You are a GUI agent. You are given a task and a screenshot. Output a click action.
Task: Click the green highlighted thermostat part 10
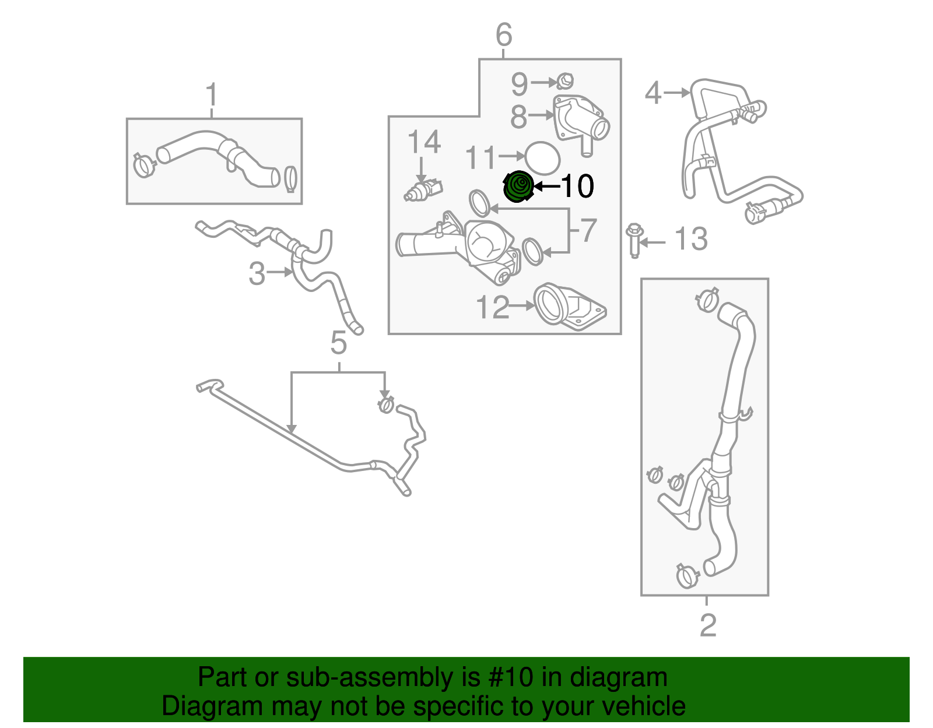pos(518,187)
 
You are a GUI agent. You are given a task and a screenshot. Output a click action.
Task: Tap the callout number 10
pos(577,187)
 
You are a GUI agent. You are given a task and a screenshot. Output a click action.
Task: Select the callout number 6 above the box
pos(504,35)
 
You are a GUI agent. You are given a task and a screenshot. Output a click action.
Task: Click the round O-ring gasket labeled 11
pos(542,157)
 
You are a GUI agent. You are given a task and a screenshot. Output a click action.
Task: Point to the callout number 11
pos(481,158)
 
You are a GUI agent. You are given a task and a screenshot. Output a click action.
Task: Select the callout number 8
pos(518,117)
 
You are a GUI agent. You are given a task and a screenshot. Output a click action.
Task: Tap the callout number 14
pos(424,142)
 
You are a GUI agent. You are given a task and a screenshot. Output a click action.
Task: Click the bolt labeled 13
pos(634,240)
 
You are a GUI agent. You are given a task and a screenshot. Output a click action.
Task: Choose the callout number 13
pos(691,240)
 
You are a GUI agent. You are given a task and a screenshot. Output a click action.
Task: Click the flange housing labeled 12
pos(569,307)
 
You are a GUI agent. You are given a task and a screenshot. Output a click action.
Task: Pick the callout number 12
pos(492,307)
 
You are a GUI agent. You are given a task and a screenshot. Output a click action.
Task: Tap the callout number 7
pos(588,230)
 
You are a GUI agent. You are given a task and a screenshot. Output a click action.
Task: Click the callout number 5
pos(338,343)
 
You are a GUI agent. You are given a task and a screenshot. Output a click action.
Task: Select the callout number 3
pos(257,273)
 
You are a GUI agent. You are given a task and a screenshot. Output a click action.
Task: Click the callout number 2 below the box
pos(707,625)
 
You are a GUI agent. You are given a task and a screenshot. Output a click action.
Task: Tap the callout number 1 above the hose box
pos(212,95)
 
